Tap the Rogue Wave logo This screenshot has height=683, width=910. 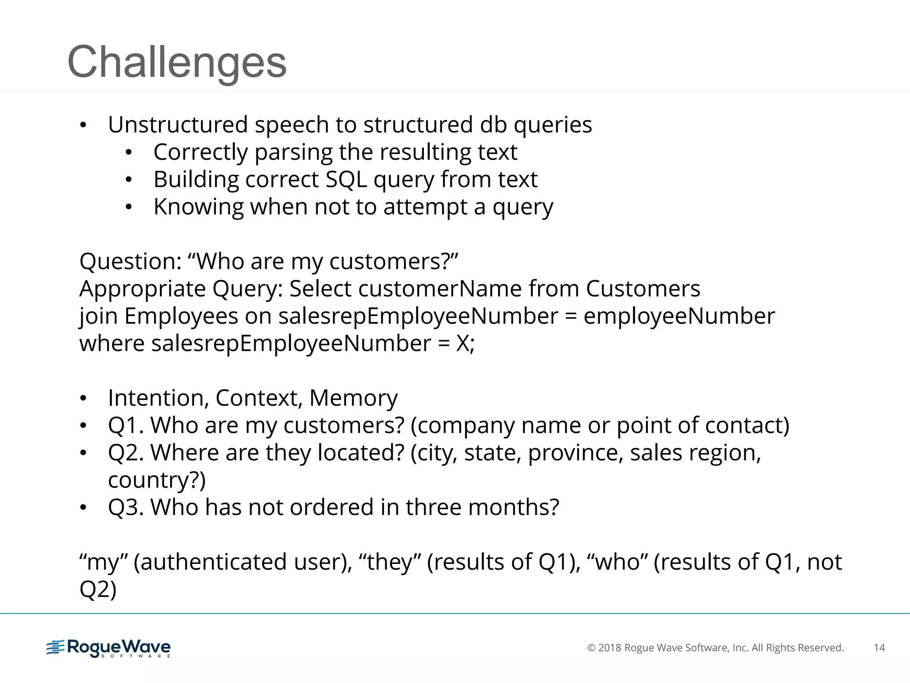coord(108,648)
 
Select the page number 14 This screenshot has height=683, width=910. coord(879,648)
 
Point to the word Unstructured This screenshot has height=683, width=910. coord(178,125)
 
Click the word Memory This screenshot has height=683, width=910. coord(353,398)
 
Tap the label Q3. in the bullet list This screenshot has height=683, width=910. coord(126,507)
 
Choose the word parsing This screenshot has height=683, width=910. coord(293,153)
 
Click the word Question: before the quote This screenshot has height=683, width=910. coord(130,261)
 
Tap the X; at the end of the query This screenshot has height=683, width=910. coord(465,344)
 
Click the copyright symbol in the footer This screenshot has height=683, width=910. coord(591,648)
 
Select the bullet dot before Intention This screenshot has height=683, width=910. coord(83,398)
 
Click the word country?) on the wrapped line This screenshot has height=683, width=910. coord(157,480)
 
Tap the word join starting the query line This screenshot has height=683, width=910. coord(98,317)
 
